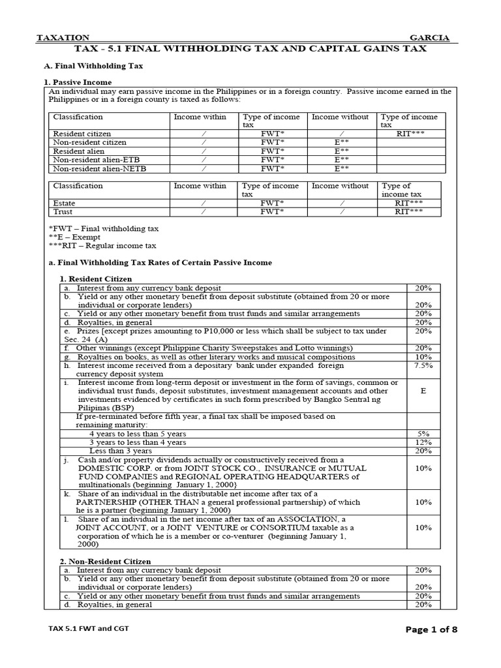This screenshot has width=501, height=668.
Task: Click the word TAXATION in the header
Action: tap(63, 38)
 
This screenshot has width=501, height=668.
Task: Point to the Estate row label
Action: tap(64, 203)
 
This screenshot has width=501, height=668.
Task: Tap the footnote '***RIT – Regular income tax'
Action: tap(102, 246)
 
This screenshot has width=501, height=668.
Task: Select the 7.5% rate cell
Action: tap(423, 366)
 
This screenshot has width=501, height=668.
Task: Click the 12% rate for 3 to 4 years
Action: tap(423, 442)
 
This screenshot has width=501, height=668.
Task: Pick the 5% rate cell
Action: tap(423, 433)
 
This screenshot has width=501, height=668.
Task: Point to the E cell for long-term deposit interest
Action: tap(423, 391)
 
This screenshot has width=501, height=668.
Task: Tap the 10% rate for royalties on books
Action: tap(423, 357)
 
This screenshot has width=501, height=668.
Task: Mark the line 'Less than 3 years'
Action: tap(121, 450)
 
